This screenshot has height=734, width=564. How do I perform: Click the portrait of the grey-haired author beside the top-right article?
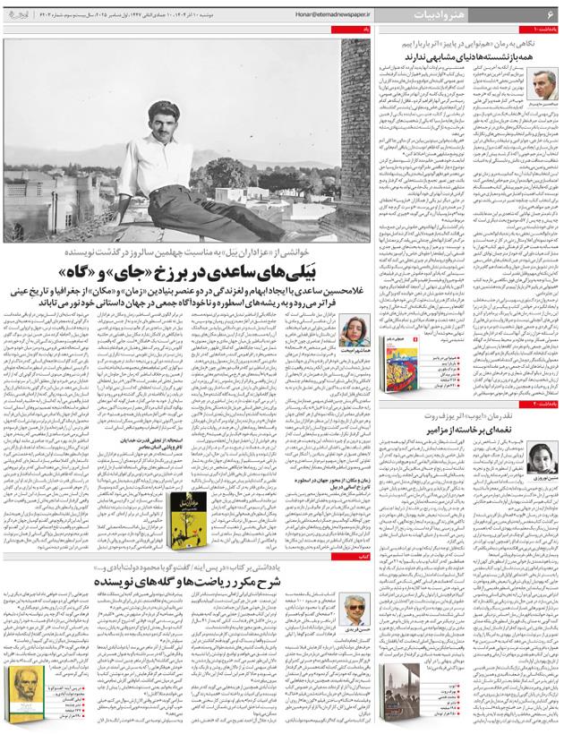pos(543,85)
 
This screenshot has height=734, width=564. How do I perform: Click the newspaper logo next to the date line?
pos(23,15)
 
